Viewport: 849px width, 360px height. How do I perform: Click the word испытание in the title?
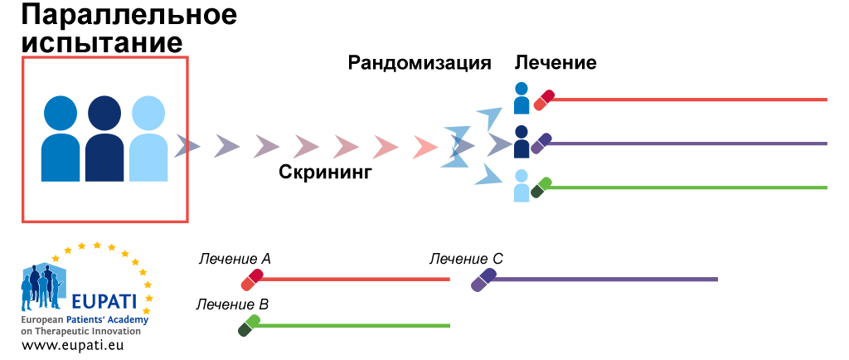103,41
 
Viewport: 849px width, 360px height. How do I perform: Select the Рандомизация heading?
419,63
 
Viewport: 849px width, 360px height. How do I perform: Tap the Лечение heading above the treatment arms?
555,63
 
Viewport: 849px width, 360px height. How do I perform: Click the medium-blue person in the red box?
61,138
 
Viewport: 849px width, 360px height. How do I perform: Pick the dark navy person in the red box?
104,138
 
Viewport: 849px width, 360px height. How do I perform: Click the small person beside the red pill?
522,98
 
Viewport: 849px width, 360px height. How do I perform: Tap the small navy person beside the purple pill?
522,142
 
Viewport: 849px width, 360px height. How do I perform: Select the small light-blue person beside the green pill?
522,186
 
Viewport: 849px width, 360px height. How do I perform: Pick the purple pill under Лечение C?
483,280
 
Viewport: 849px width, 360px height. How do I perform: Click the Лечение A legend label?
235,259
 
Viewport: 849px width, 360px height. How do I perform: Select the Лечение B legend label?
232,304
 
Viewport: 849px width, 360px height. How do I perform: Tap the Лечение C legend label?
466,259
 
